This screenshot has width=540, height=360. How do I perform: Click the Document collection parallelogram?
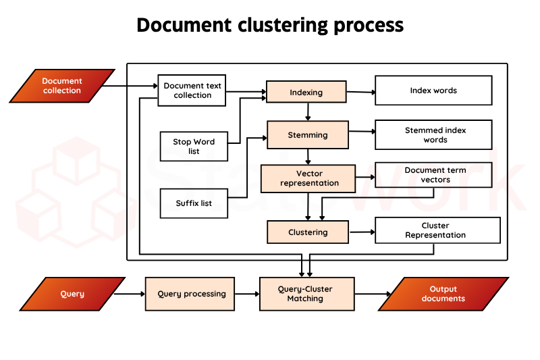pyautogui.click(x=61, y=86)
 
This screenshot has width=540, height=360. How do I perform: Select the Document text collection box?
pyautogui.click(x=192, y=91)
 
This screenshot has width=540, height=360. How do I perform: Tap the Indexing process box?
pyautogui.click(x=306, y=92)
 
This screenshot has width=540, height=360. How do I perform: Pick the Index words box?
pyautogui.click(x=433, y=91)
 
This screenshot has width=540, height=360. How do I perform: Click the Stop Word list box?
pyautogui.click(x=194, y=147)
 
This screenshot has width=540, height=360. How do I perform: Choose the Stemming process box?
pyautogui.click(x=308, y=135)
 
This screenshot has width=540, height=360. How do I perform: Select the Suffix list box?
pyautogui.click(x=194, y=203)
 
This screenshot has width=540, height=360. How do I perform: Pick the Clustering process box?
pyautogui.click(x=308, y=232)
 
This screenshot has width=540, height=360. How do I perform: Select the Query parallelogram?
pyautogui.click(x=72, y=294)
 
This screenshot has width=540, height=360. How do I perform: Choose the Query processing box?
pyautogui.click(x=190, y=294)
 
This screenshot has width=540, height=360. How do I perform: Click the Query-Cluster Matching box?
pyautogui.click(x=305, y=294)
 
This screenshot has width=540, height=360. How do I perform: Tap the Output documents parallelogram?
pyautogui.click(x=443, y=294)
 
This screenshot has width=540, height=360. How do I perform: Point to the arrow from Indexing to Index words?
pyautogui.click(x=361, y=92)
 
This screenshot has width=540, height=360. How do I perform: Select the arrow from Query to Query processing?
pyautogui.click(x=130, y=294)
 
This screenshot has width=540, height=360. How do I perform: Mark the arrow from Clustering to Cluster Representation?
pyautogui.click(x=361, y=232)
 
